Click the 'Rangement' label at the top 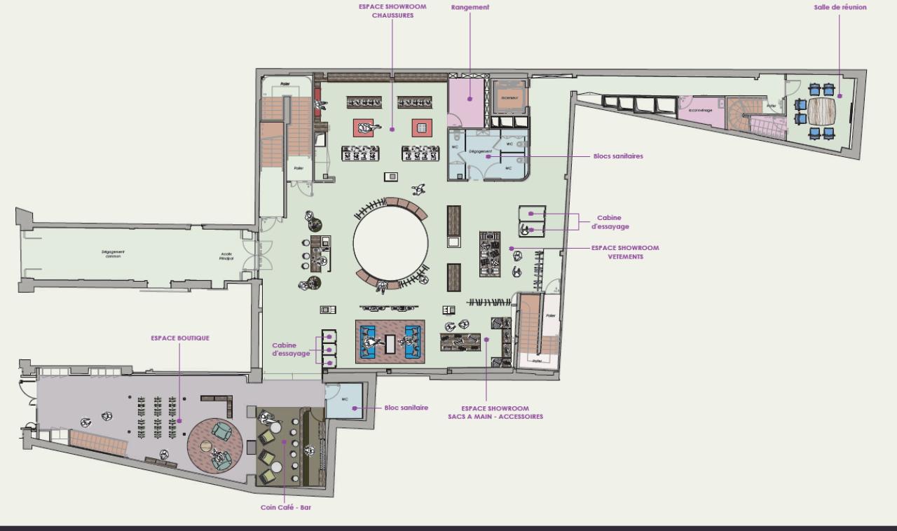click(470, 8)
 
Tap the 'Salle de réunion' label click(840, 8)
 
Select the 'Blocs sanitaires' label click(617, 156)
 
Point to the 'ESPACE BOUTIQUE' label click(180, 338)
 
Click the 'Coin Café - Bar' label click(285, 507)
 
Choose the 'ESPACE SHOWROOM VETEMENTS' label click(625, 252)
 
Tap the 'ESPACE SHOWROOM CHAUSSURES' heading click(392, 11)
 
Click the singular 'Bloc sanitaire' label click(406, 408)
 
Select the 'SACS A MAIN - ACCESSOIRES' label click(495, 413)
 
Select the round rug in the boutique click(214, 446)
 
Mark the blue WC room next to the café click(344, 401)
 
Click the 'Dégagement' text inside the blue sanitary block click(480, 151)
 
